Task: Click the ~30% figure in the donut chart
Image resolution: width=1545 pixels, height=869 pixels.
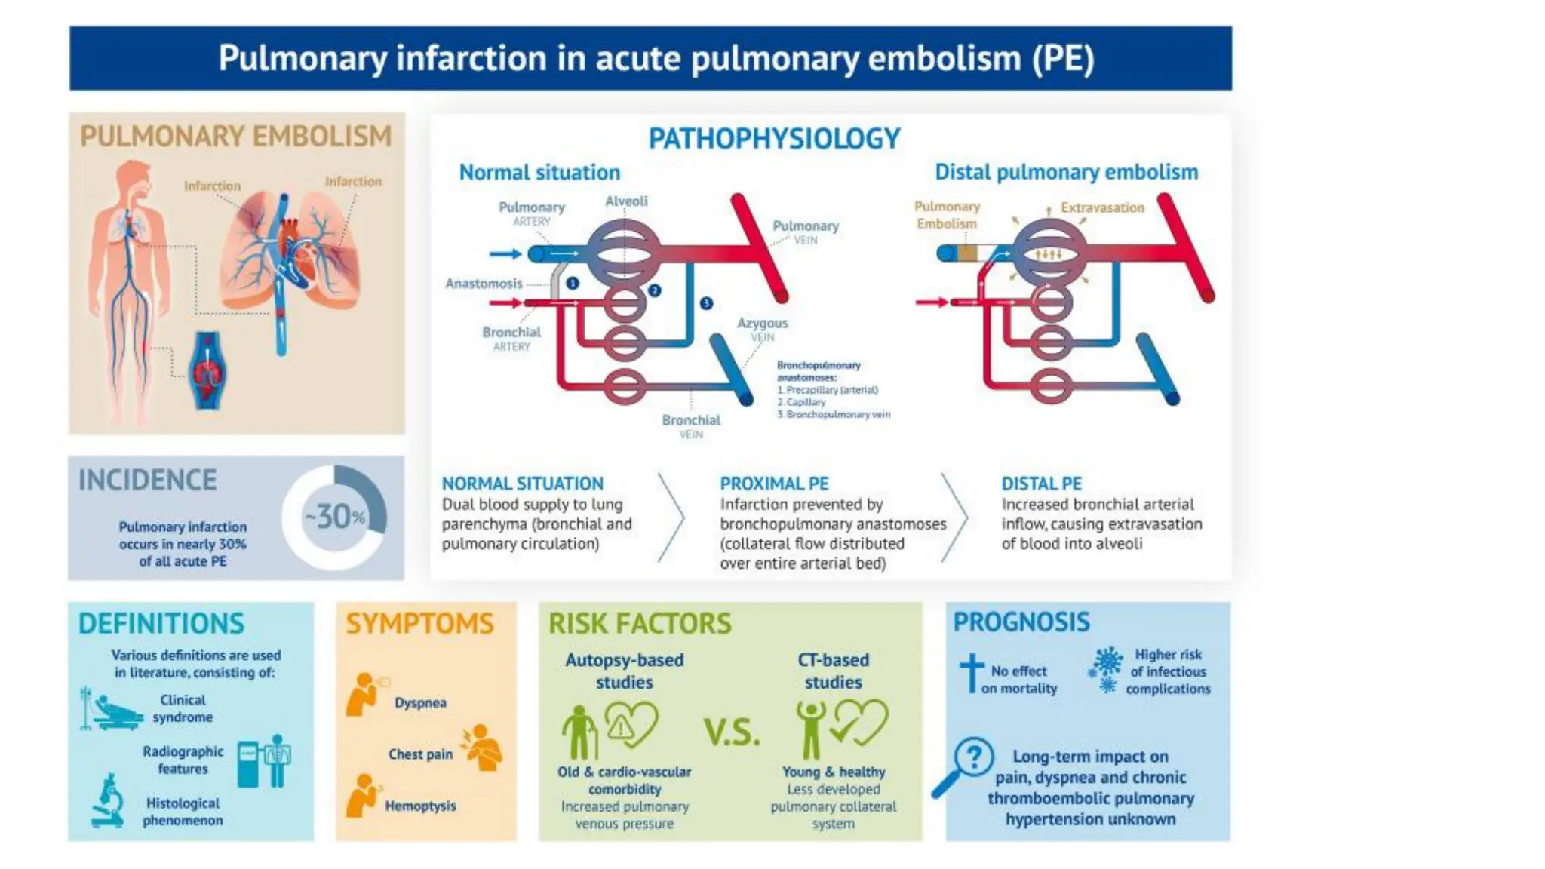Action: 334,517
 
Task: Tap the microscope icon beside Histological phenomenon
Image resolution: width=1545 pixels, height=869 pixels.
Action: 108,801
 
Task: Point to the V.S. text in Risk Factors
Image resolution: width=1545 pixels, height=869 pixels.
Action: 731,732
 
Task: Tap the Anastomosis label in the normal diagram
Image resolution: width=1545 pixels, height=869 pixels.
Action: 484,284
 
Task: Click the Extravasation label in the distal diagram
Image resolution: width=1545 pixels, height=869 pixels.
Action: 1101,207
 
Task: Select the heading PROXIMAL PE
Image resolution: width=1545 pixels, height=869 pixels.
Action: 774,484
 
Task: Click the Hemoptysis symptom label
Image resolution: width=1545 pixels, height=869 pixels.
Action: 420,806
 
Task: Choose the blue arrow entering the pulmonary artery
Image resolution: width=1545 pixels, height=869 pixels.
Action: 505,254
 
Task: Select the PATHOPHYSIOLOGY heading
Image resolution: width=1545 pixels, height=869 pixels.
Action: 774,139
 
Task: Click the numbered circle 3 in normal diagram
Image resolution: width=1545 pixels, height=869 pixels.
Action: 706,303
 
